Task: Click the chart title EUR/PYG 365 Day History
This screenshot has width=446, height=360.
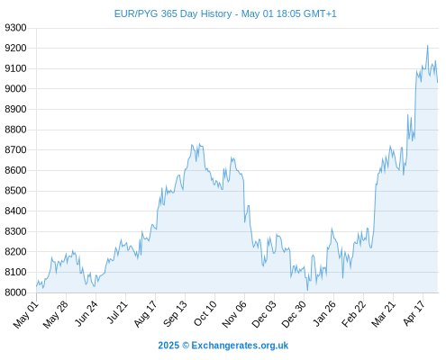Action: tap(173, 13)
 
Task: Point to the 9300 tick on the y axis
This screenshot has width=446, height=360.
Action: tap(15, 28)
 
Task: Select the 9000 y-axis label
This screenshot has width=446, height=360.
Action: tap(15, 89)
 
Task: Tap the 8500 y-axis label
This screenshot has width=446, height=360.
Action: tap(15, 191)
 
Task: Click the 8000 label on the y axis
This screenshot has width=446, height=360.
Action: tap(15, 292)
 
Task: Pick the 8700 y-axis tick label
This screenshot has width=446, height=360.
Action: tap(15, 149)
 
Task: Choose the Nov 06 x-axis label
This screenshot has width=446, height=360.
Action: tap(234, 314)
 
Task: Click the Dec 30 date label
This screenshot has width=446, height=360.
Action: tap(294, 314)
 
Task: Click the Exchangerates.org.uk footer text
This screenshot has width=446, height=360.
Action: tap(240, 346)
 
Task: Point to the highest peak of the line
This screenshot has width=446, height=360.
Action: tap(427, 46)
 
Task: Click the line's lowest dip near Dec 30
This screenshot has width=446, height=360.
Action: tap(307, 290)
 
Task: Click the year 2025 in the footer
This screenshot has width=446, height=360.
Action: tap(168, 346)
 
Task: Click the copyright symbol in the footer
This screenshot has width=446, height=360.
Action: tap(186, 346)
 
